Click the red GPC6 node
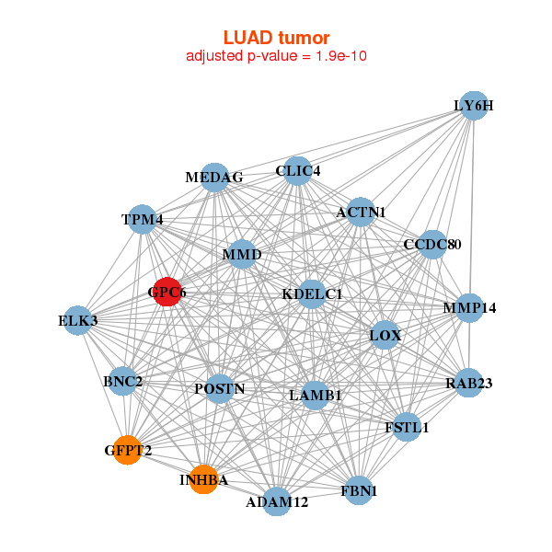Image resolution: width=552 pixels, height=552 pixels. [x=167, y=292]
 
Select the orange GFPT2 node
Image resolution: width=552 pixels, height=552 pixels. [x=127, y=450]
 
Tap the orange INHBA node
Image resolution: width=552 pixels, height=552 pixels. [x=203, y=479]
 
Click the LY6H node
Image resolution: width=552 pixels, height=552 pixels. [x=473, y=105]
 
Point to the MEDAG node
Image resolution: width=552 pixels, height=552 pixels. [x=214, y=178]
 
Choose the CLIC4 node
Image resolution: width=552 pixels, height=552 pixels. [x=297, y=170]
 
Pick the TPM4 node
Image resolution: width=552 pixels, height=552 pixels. [x=142, y=219]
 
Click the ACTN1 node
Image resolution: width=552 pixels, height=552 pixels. [x=361, y=212]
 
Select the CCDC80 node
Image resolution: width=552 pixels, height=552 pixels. [x=431, y=244]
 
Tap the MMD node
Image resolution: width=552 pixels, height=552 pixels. [x=242, y=254]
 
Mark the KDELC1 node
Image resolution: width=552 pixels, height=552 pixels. [x=312, y=293]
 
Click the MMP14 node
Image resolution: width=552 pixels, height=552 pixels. [x=469, y=307]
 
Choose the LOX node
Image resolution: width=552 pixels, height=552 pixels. [x=385, y=335]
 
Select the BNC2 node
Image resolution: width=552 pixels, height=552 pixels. [x=122, y=381]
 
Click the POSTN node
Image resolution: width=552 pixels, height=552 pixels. [x=220, y=388]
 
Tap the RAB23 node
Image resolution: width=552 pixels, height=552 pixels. [x=468, y=383]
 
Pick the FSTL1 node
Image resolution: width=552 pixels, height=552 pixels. [x=407, y=427]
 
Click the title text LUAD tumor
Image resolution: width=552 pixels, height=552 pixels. [x=276, y=38]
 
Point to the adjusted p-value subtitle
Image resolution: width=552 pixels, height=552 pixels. [x=276, y=56]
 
